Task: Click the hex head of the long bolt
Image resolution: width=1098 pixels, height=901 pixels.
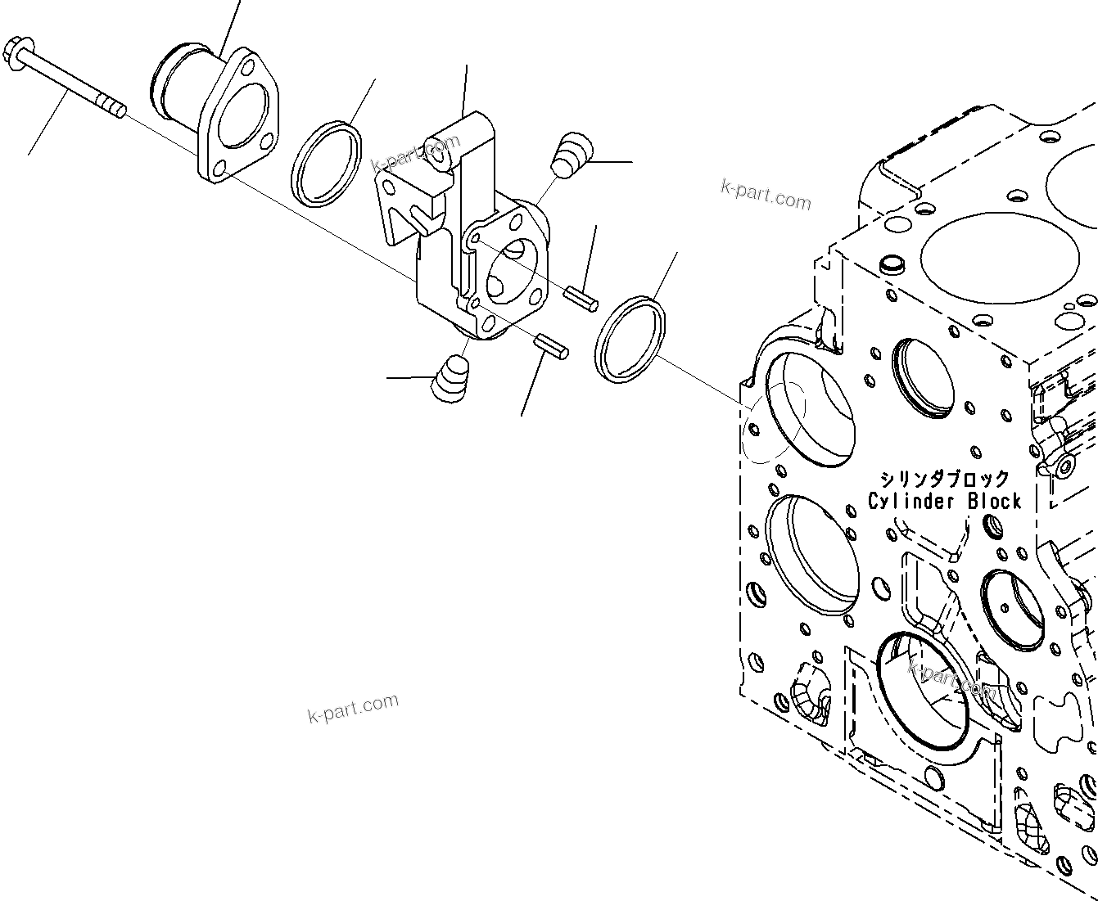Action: (16, 51)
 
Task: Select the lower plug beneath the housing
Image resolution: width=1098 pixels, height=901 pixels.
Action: (453, 379)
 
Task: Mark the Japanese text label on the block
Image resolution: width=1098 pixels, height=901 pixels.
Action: (944, 479)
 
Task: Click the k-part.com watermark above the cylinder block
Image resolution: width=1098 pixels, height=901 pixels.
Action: (766, 195)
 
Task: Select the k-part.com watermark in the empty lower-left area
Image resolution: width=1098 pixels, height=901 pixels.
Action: (354, 708)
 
